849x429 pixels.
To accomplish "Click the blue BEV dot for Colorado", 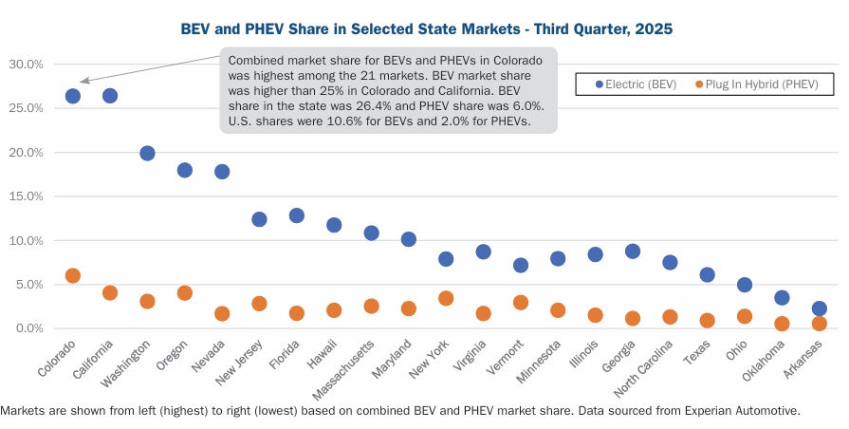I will pos(72,96).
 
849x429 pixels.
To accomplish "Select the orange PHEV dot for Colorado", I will pos(72,276).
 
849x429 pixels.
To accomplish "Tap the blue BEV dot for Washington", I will pos(147,154).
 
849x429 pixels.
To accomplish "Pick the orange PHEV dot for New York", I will pos(446,298).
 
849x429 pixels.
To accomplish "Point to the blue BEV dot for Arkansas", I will pos(820,308).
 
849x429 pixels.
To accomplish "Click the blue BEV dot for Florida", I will pos(296,215).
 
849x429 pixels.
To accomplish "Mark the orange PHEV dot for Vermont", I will pos(521,303).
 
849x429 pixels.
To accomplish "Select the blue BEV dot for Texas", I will pos(707,274).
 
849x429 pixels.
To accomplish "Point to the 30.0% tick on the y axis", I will pos(26,65).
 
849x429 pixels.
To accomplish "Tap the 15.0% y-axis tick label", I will pos(26,196).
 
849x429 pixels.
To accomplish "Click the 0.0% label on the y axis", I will pos(28,328).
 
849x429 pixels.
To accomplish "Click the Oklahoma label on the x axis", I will pos(765,364).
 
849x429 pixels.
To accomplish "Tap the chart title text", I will pos(426,29).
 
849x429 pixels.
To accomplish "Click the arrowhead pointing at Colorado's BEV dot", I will pos(83,83).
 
